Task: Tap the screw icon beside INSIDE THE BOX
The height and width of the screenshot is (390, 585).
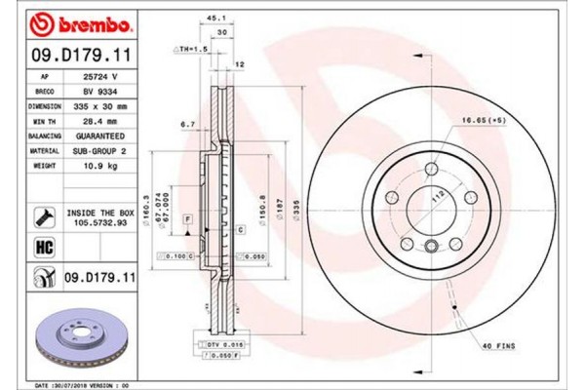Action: coord(44,214)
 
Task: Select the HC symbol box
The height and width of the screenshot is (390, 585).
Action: coord(44,248)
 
